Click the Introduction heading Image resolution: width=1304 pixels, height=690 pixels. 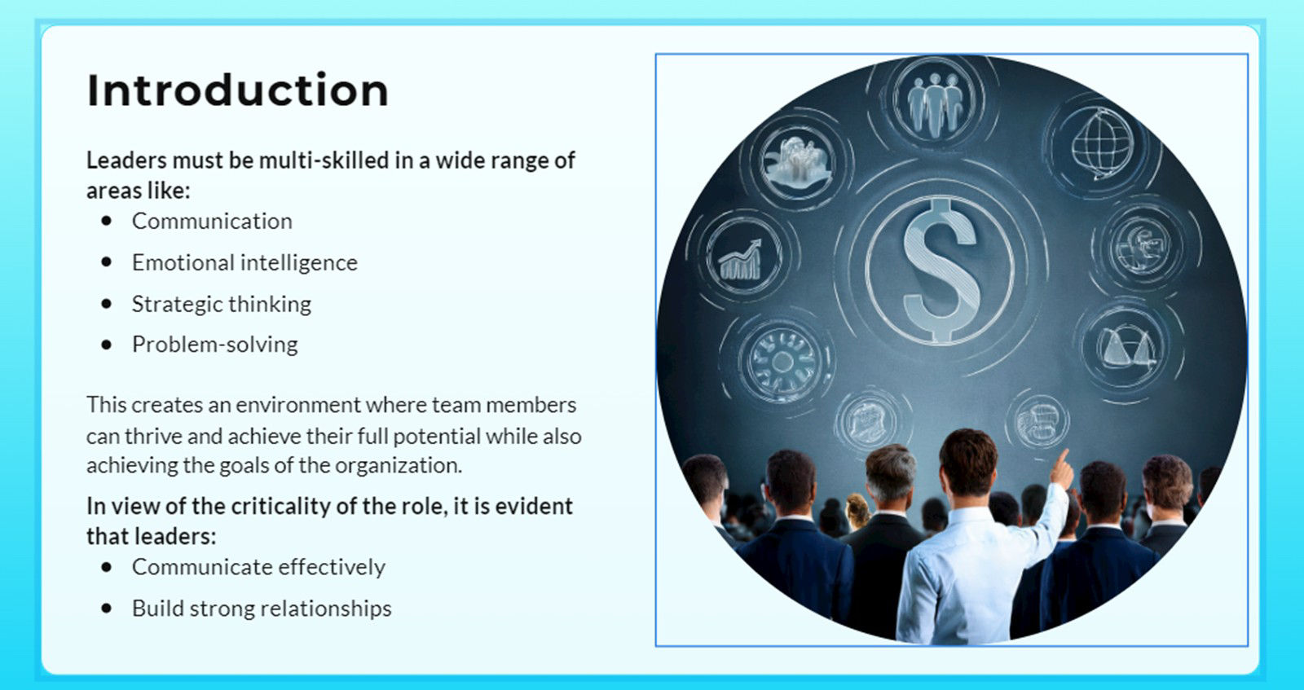(237, 90)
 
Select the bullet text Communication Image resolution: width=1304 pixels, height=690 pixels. (212, 221)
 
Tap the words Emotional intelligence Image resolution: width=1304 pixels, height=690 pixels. (244, 262)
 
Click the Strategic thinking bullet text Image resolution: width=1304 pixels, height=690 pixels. (222, 304)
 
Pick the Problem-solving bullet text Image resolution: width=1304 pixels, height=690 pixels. (215, 345)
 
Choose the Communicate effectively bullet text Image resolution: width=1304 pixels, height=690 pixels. (258, 567)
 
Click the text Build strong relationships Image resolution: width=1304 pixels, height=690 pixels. (262, 609)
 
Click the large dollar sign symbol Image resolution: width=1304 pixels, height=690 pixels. (941, 269)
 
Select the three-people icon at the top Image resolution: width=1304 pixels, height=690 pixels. (936, 103)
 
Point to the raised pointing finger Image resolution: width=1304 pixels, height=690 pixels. (1061, 467)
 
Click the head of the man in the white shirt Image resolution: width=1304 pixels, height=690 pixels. (968, 460)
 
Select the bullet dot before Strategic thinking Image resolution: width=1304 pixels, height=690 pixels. (107, 304)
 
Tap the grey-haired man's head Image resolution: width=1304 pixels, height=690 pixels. (889, 473)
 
